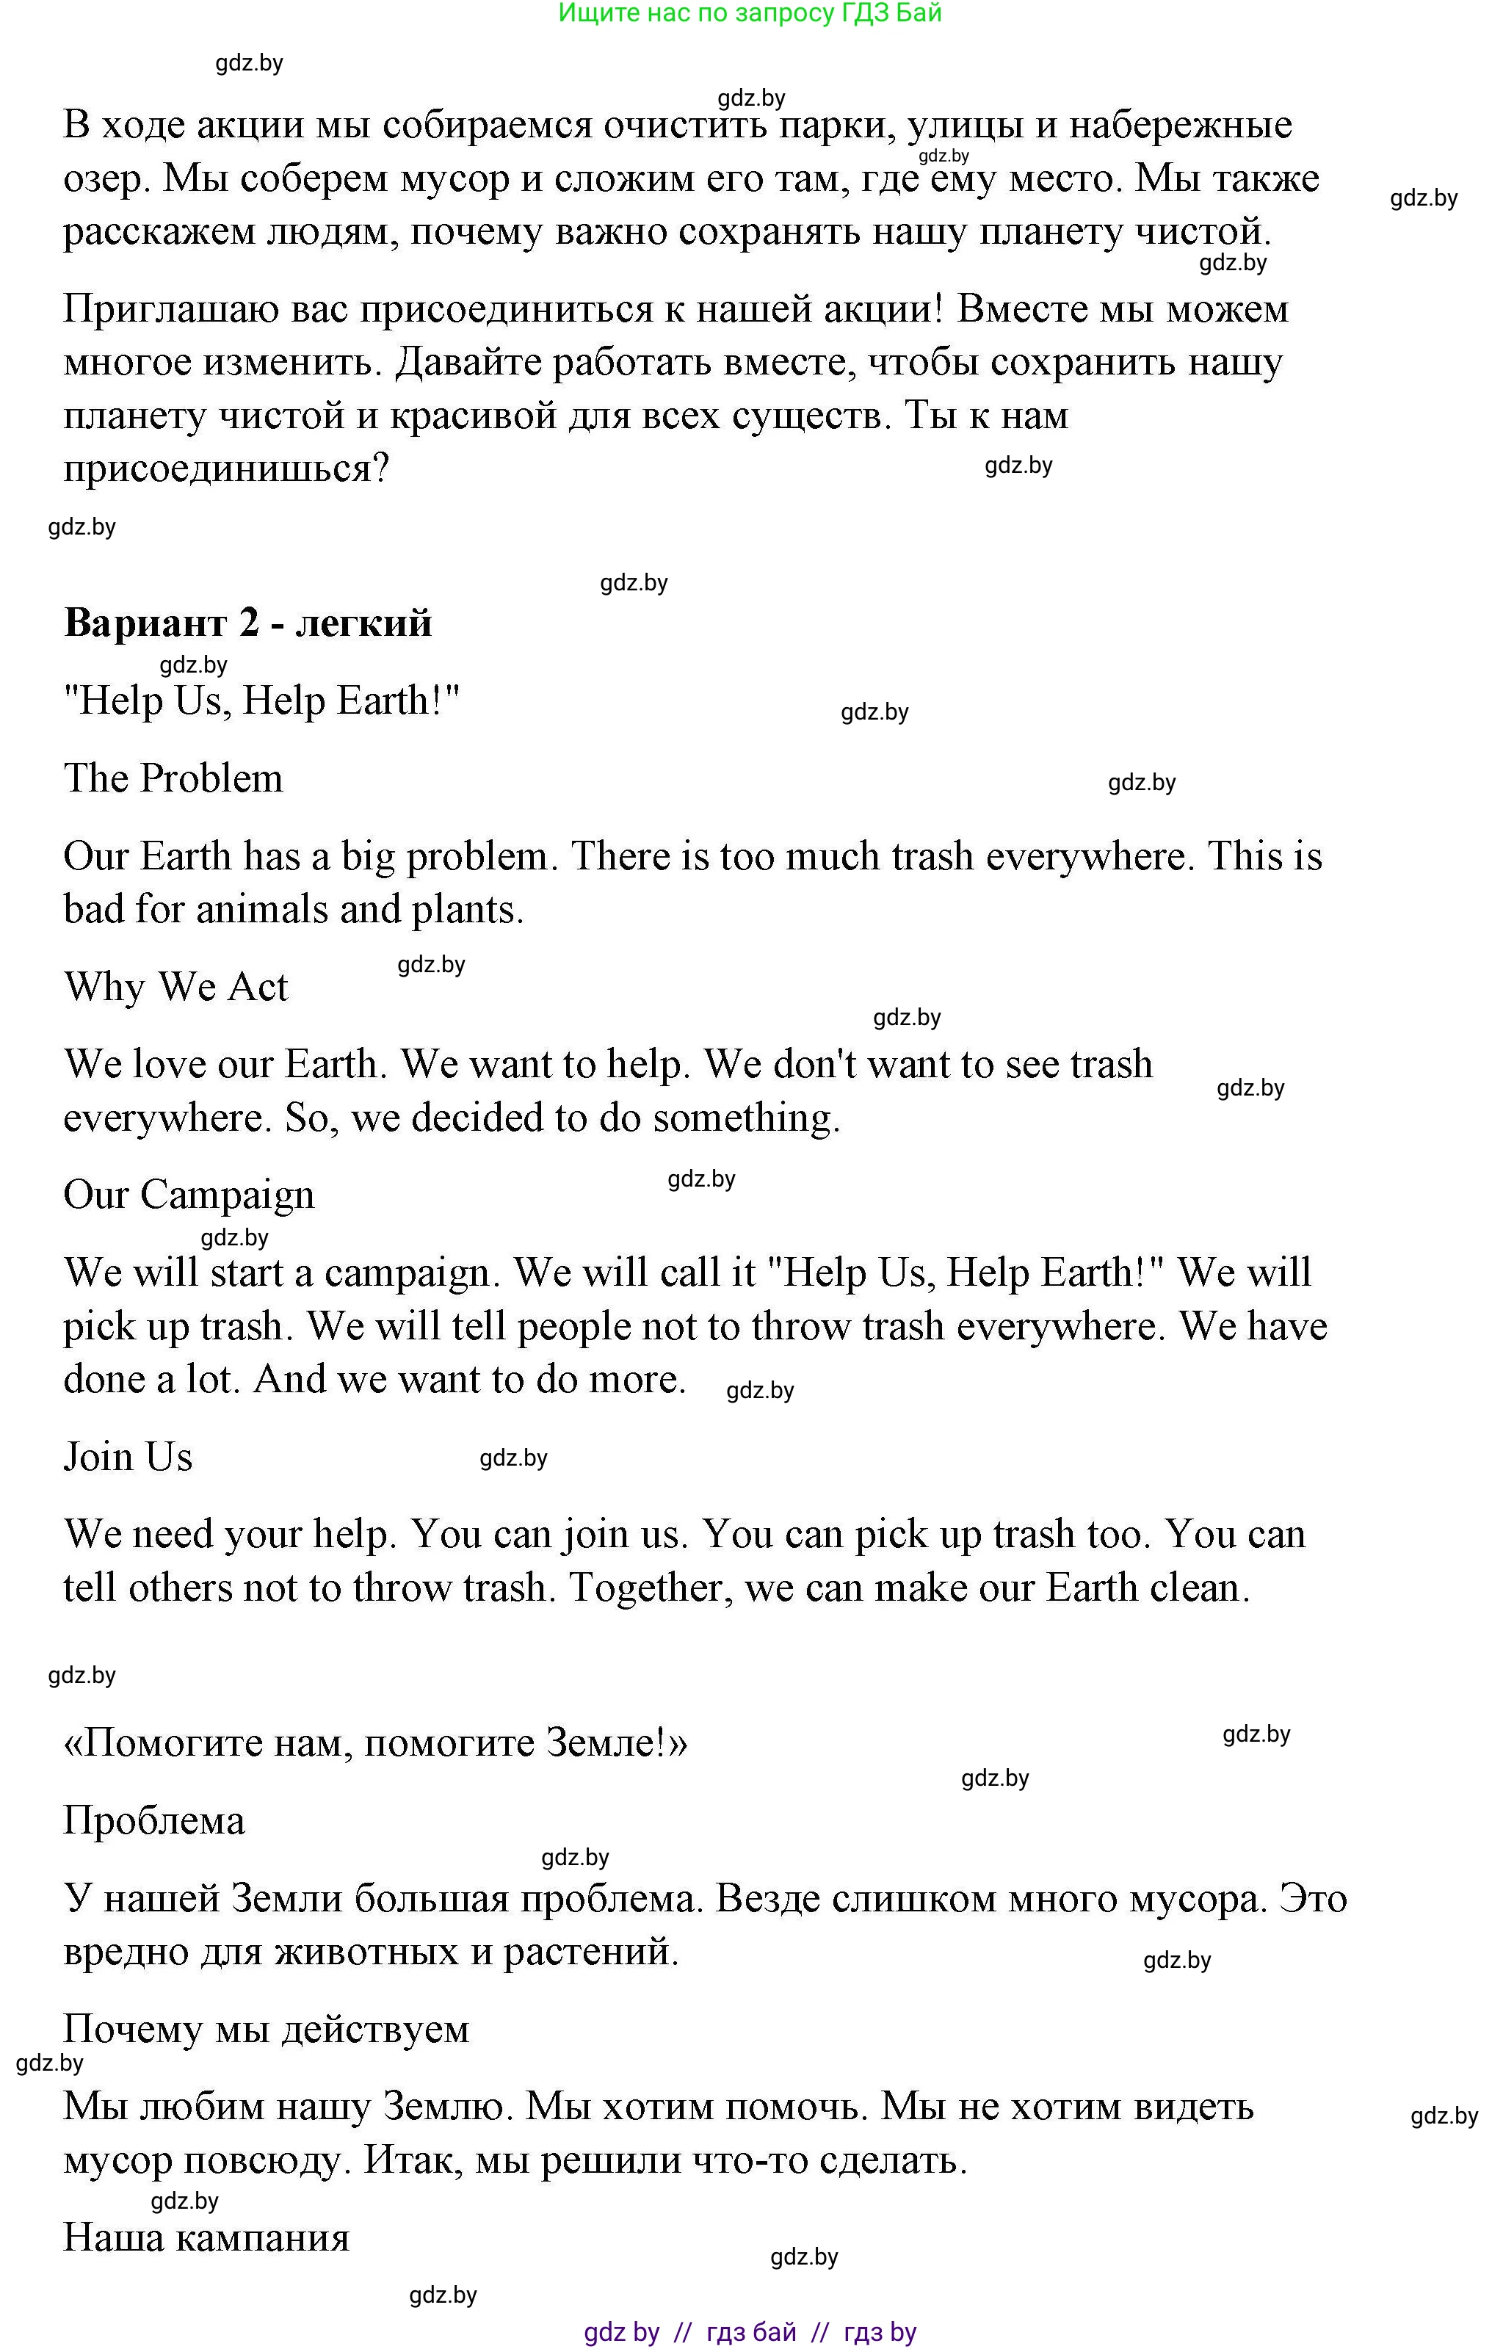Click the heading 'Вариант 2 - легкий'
(248, 623)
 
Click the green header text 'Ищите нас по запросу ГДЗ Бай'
(750, 14)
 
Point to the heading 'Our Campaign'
(189, 1195)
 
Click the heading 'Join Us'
(128, 1457)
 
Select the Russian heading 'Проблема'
(154, 1821)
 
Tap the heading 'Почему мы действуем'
(267, 2029)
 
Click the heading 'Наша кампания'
(206, 2237)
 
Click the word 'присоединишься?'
(226, 469)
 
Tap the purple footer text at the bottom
(750, 2332)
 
